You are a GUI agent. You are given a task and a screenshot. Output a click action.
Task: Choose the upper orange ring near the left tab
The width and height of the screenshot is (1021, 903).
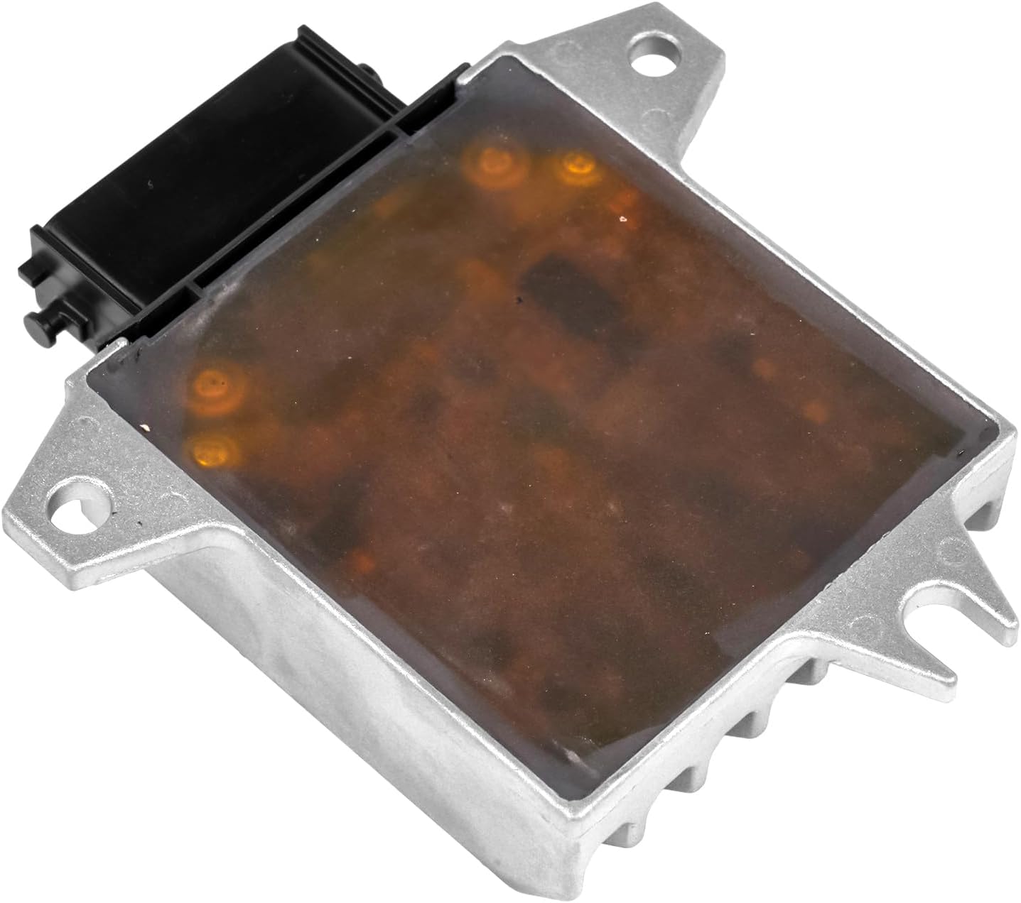pyautogui.click(x=214, y=387)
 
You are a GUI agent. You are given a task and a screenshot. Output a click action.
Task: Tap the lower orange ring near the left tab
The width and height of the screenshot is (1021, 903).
pyautogui.click(x=212, y=449)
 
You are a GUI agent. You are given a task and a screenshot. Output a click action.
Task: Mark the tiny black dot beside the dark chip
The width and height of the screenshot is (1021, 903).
pyautogui.click(x=521, y=302)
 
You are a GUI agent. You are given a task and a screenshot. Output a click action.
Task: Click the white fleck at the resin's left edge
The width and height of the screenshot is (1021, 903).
pyautogui.click(x=146, y=427)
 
